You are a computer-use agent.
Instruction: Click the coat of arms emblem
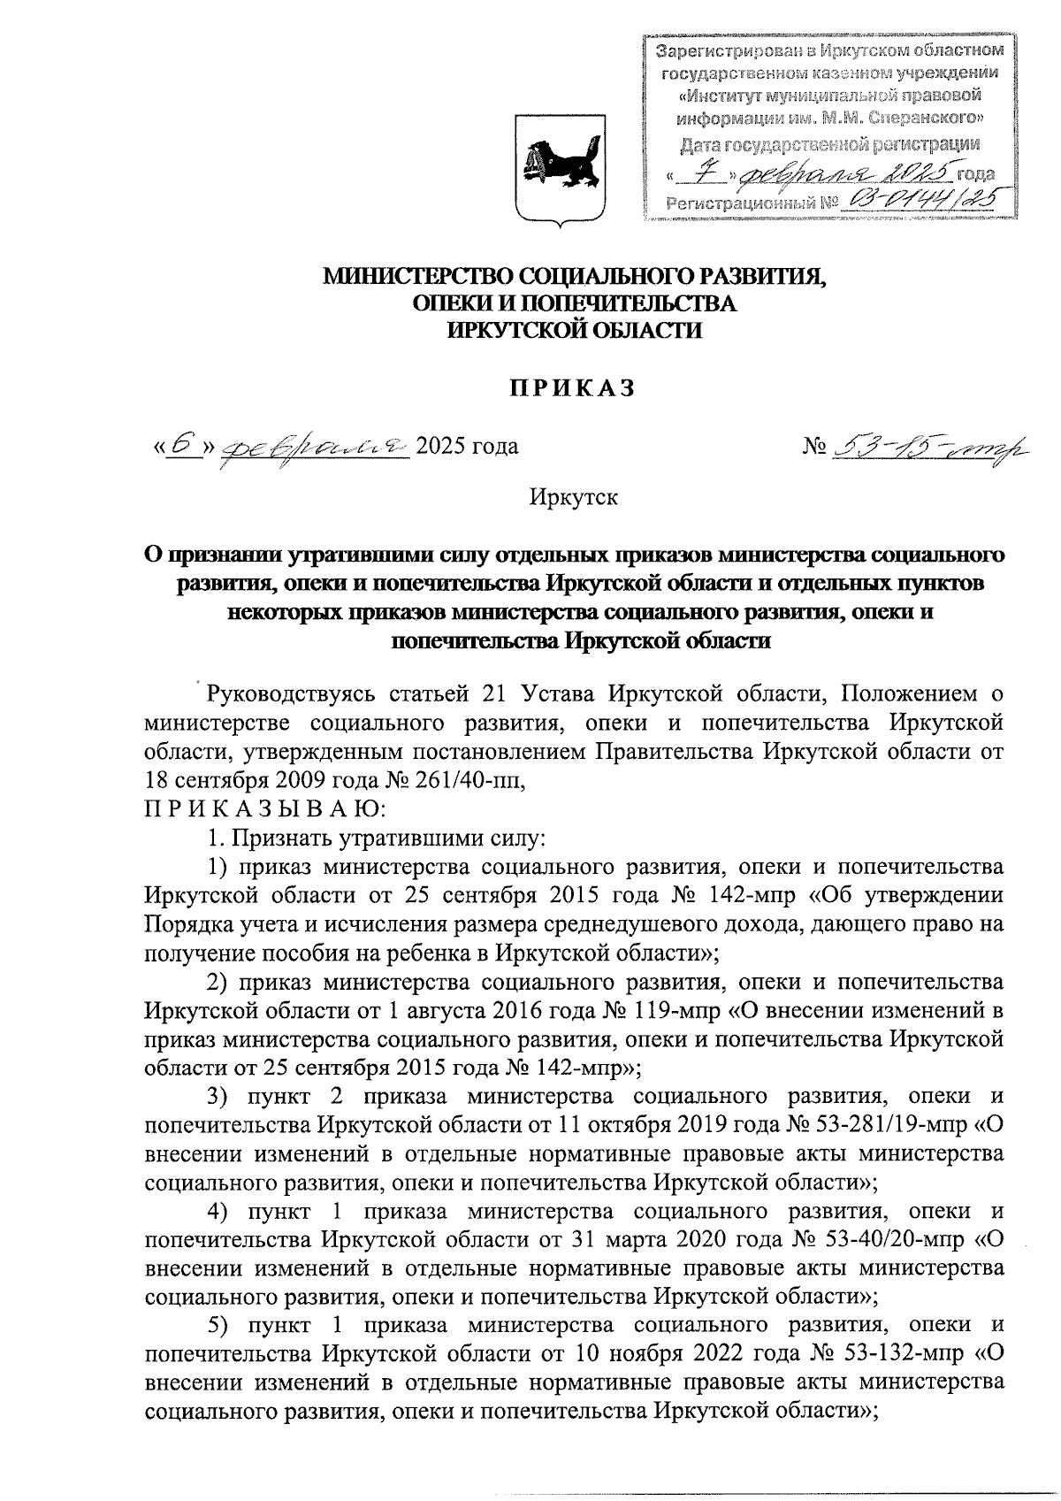[x=560, y=167]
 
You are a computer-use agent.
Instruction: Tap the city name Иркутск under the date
[x=573, y=497]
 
